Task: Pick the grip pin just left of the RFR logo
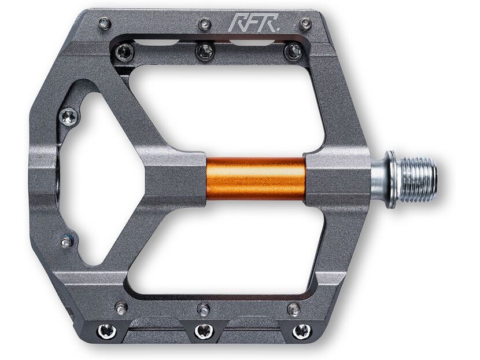point(205,24)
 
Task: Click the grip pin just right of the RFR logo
point(305,24)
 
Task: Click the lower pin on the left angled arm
point(67,241)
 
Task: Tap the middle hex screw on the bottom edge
point(202,331)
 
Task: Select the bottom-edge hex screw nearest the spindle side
point(301,331)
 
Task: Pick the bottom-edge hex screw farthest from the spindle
point(108,331)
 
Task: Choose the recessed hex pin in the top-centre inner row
point(205,52)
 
